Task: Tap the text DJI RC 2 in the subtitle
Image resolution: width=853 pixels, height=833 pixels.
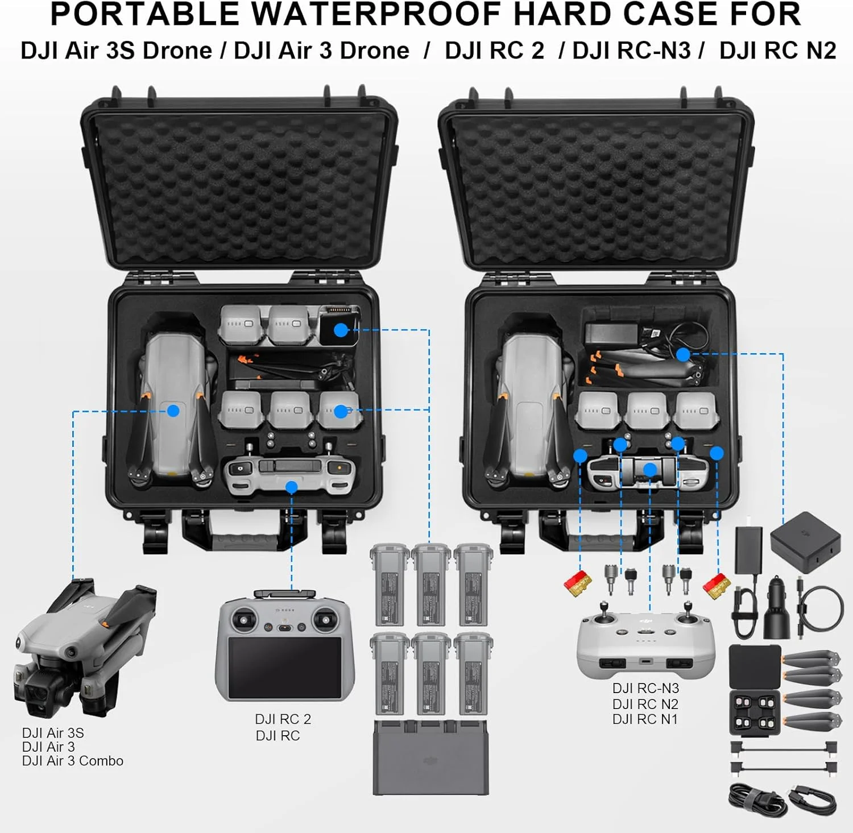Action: pos(494,51)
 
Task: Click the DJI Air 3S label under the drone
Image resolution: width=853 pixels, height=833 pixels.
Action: pos(53,733)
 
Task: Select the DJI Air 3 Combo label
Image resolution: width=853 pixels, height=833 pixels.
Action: pos(72,761)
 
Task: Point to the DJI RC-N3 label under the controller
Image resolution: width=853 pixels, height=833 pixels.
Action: pos(645,689)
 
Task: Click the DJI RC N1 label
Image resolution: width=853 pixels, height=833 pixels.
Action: pos(645,719)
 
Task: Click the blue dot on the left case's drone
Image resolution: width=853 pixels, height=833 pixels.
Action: pos(173,411)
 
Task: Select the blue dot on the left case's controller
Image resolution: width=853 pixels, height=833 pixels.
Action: pos(292,487)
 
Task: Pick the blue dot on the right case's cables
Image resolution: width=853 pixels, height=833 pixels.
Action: pos(683,355)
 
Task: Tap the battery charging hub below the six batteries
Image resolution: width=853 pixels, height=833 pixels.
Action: pos(430,758)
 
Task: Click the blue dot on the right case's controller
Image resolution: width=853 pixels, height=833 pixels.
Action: pos(650,469)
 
